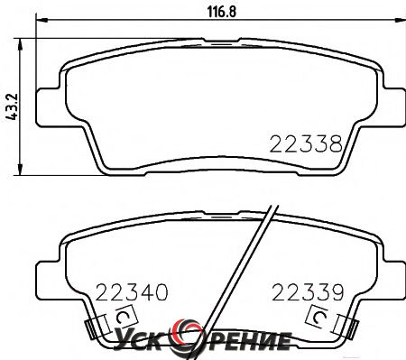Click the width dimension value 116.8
pos(222,12)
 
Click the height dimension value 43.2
pos(13,106)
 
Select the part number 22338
pos(306,143)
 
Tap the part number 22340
pos(132,292)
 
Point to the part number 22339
pos(308,292)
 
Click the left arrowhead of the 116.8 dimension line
pos(42,20)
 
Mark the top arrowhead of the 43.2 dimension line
pos(20,44)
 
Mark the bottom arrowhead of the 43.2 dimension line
pos(20,170)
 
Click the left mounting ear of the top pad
pos(48,107)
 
